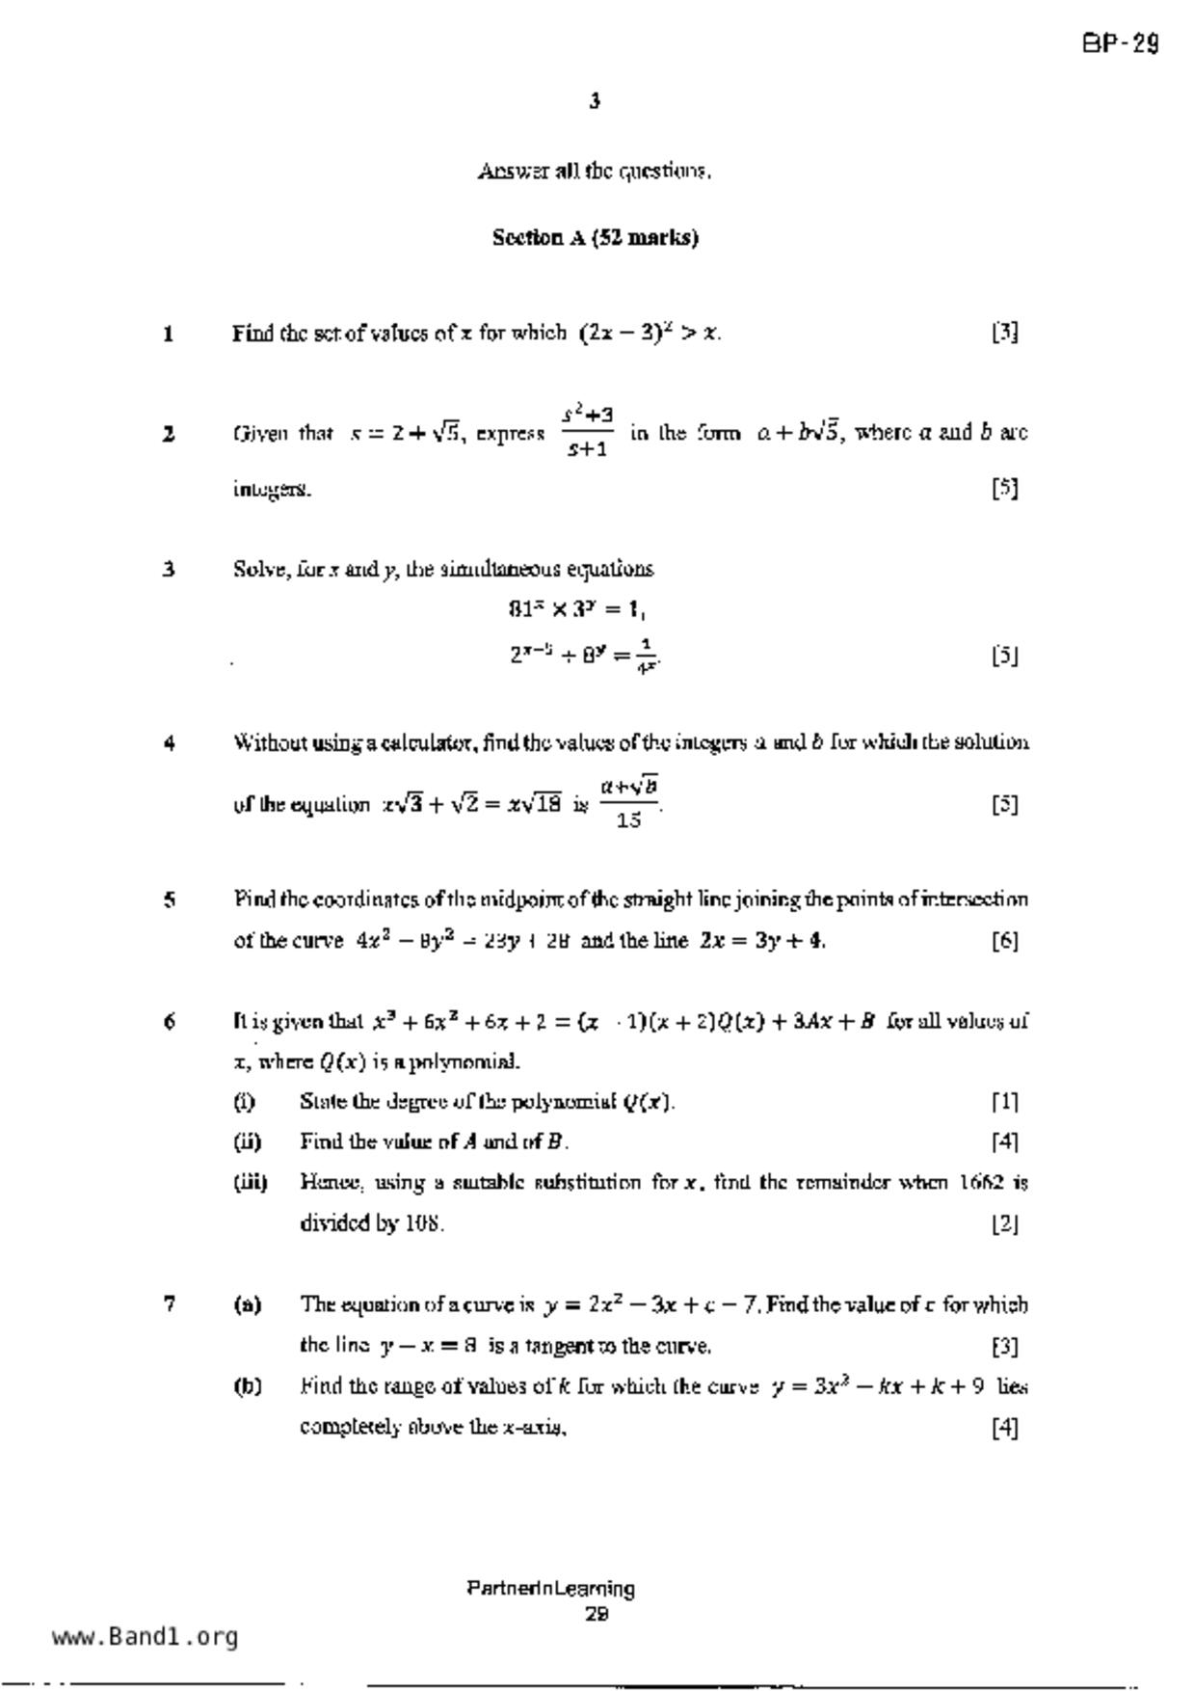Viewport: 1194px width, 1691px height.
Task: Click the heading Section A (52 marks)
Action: pos(595,237)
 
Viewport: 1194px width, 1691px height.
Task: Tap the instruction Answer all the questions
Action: pos(595,172)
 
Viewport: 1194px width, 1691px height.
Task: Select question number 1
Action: pos(169,335)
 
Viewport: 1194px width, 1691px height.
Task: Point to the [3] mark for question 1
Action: pos(1005,334)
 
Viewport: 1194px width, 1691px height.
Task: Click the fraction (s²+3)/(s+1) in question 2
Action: pos(587,432)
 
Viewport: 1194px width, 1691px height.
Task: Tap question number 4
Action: pos(169,743)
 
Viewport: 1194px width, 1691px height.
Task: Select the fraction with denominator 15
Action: pos(629,803)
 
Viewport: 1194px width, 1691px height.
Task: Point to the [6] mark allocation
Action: pos(1005,941)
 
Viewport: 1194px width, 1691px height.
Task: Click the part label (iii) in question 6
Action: pos(251,1182)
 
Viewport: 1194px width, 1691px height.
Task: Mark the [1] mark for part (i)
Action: pos(1005,1102)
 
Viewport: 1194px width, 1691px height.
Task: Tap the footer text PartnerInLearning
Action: pos(550,1588)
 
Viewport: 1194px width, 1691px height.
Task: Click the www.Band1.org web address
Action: pos(145,1637)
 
